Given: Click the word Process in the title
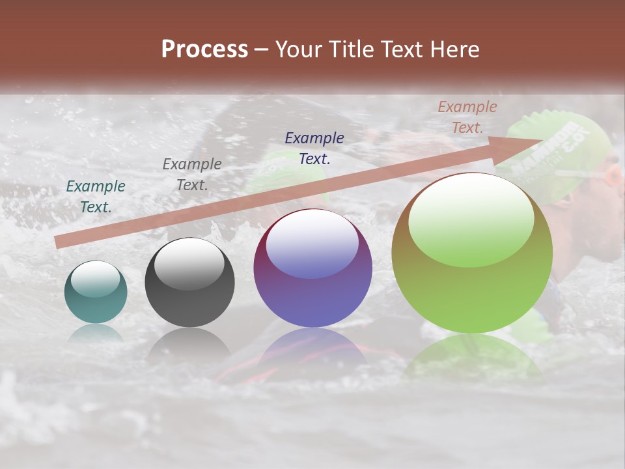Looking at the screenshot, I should pyautogui.click(x=204, y=50).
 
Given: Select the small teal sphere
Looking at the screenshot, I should pyautogui.click(x=96, y=292).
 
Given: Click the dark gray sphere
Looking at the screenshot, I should pyautogui.click(x=189, y=283).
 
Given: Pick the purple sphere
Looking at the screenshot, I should pyautogui.click(x=312, y=268).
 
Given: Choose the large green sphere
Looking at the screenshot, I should pyautogui.click(x=472, y=253).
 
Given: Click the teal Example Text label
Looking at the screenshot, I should pyautogui.click(x=96, y=197).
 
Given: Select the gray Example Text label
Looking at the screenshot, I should pyautogui.click(x=192, y=175).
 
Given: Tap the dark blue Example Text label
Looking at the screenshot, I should pyautogui.click(x=314, y=148).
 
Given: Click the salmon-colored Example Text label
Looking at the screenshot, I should pyautogui.click(x=467, y=117).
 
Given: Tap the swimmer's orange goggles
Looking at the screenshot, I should pyautogui.click(x=613, y=176).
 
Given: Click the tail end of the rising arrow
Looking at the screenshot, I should pyautogui.click(x=59, y=242).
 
